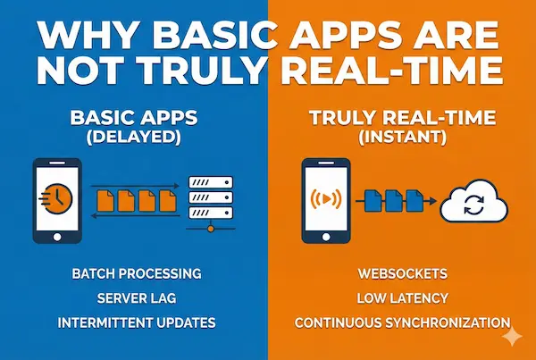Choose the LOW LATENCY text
pos(402,297)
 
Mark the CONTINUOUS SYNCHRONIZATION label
pos(402,322)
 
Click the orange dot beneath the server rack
pos(211,229)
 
